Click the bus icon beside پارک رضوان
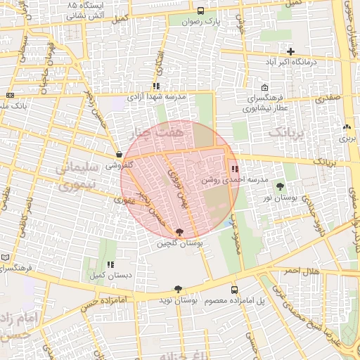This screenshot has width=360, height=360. pyautogui.click(x=200, y=11)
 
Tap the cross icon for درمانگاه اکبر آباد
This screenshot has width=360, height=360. pyautogui.click(x=290, y=51)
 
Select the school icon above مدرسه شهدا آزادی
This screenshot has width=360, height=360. pyautogui.click(x=155, y=86)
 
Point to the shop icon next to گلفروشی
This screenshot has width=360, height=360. pyautogui.click(x=118, y=154)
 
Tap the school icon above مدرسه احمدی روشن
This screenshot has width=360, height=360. pyautogui.click(x=234, y=169)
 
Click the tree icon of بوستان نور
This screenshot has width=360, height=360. pyautogui.click(x=281, y=186)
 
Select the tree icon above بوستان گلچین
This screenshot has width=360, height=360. pyautogui.click(x=180, y=232)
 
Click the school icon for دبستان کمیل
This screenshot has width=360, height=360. pyautogui.click(x=110, y=264)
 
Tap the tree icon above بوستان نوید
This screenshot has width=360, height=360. pyautogui.click(x=178, y=289)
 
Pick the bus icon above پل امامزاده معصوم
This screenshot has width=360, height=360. pyautogui.click(x=234, y=289)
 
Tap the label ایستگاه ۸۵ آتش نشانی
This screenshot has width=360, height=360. pyautogui.click(x=81, y=9)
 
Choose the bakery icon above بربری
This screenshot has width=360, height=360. pyautogui.click(x=346, y=127)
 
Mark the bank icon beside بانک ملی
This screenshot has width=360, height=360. pyautogui.click(x=10, y=95)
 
